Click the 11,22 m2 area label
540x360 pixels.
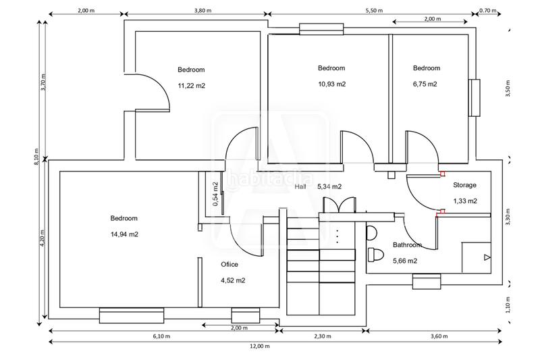tap(191, 86)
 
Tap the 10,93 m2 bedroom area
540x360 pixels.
tap(331, 84)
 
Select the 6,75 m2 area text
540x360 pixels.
tap(425, 84)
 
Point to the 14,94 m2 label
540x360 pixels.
tap(124, 234)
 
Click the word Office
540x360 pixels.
tap(230, 264)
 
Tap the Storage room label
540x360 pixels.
tap(464, 185)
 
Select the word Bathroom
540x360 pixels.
tap(408, 245)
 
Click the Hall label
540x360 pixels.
tap(300, 186)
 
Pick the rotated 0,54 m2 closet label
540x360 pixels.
tap(215, 194)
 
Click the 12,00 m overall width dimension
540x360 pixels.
tap(260, 346)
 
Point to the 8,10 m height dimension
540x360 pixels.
tap(36, 157)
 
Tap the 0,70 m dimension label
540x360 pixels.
tap(488, 10)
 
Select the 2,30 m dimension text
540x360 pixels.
tap(323, 336)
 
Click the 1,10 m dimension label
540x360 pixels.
tap(508, 305)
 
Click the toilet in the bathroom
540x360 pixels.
tap(375, 255)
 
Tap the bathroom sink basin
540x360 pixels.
tap(372, 233)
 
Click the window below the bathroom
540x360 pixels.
tap(427, 282)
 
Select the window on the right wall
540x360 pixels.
tap(475, 98)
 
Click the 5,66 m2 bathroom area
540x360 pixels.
tap(405, 261)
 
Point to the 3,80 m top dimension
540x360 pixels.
tap(203, 10)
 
